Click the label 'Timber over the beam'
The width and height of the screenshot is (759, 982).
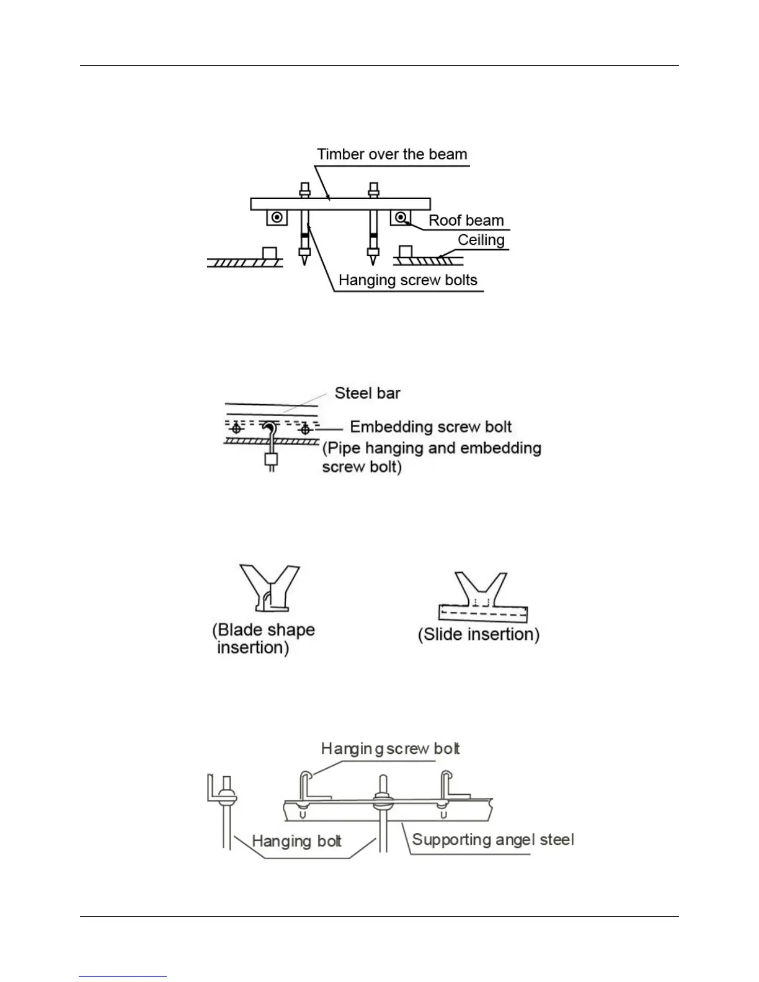(x=392, y=154)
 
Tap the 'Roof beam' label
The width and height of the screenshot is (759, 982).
(x=466, y=221)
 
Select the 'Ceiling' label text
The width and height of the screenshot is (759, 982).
(x=481, y=240)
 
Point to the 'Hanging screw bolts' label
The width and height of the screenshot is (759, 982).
(x=407, y=280)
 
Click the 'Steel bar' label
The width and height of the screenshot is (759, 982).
(x=367, y=393)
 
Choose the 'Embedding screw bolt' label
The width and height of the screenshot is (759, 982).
(x=431, y=427)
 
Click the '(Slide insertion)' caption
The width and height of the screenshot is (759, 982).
(x=478, y=634)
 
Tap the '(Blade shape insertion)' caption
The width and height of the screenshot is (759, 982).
(x=264, y=639)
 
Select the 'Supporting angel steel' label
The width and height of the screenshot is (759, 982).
(x=493, y=840)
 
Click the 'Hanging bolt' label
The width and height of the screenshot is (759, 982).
(x=296, y=841)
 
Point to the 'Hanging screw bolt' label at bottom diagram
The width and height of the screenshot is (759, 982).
(x=390, y=749)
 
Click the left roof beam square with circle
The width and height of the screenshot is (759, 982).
(x=277, y=218)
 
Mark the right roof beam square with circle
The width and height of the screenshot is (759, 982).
(x=401, y=218)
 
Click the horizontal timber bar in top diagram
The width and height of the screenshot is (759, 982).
(x=340, y=204)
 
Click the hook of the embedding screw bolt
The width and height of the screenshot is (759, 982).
(x=270, y=428)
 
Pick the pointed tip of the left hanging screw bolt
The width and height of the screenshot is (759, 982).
(x=304, y=260)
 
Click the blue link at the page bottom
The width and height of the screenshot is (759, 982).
(x=123, y=976)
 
